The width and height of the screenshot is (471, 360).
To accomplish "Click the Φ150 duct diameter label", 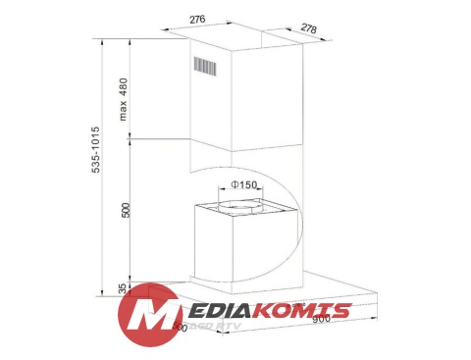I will click(x=244, y=185).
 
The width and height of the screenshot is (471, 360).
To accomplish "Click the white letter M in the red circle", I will click(x=148, y=315).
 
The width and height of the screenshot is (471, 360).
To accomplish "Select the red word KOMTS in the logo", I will click(x=303, y=311).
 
